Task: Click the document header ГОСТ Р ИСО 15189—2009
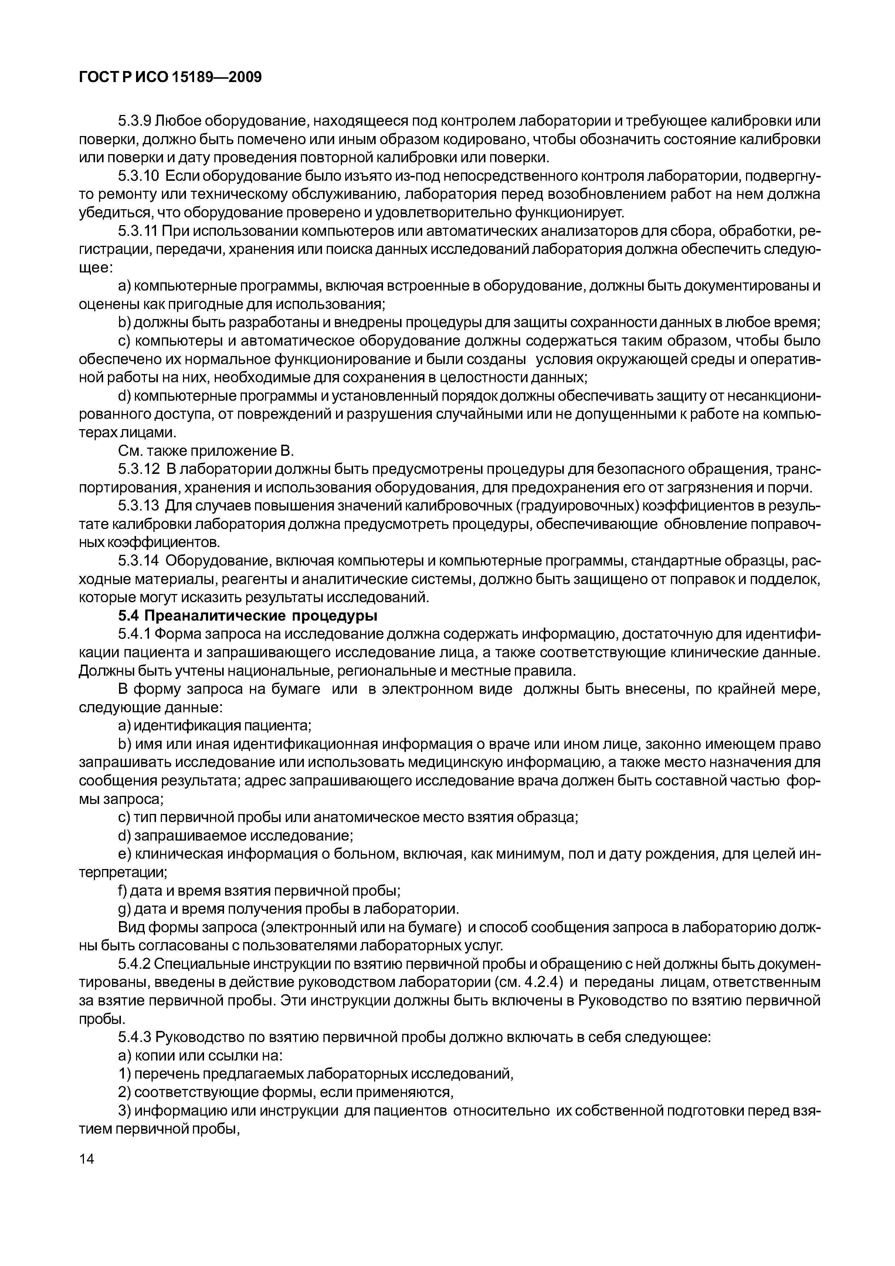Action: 170,78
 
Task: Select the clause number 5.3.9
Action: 135,121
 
